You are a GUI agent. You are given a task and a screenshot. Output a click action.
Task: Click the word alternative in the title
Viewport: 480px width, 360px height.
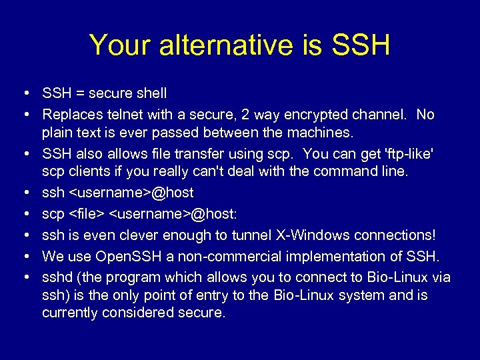tap(217, 45)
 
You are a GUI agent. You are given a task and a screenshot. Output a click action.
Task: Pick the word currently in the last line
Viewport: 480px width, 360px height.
tap(69, 313)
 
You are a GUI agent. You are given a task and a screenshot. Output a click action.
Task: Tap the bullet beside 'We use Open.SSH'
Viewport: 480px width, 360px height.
tap(24, 256)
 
